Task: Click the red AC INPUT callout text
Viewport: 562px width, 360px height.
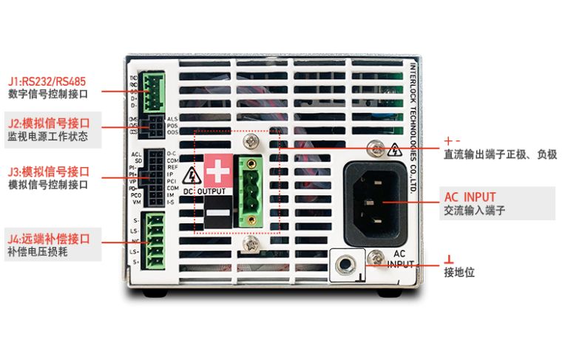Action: click(470, 197)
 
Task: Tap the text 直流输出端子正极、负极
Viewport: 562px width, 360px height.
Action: click(500, 154)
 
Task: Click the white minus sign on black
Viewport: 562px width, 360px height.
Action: click(217, 214)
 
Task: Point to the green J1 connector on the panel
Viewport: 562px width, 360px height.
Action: click(155, 92)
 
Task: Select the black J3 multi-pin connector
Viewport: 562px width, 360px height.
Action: click(155, 178)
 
